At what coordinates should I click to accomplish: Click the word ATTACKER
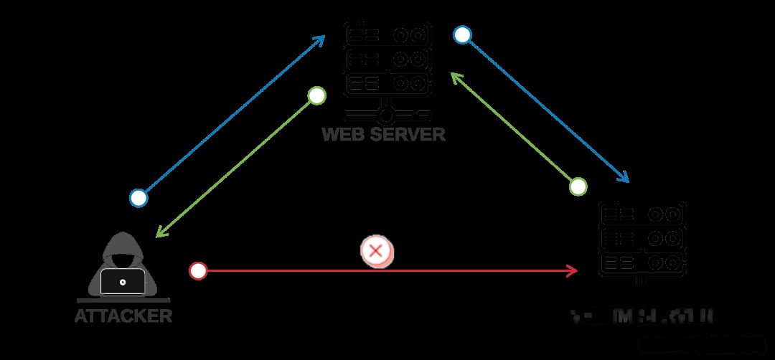[123, 316]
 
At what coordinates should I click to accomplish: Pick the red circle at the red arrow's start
[198, 271]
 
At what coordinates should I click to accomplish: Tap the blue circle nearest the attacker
[138, 198]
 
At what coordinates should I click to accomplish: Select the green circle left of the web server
[316, 95]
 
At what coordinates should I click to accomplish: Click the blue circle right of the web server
[462, 35]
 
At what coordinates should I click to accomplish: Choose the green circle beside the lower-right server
[578, 186]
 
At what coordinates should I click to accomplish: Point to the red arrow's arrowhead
[573, 271]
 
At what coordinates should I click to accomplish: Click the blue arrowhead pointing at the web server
[320, 40]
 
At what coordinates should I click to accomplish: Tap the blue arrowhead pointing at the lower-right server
[624, 178]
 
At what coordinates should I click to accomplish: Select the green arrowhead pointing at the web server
[455, 76]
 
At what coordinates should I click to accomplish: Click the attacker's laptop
[123, 282]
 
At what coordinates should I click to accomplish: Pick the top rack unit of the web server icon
[387, 34]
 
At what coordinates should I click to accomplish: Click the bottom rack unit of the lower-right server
[642, 261]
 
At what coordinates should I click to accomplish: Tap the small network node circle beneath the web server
[387, 115]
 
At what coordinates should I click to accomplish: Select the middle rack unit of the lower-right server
[642, 237]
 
